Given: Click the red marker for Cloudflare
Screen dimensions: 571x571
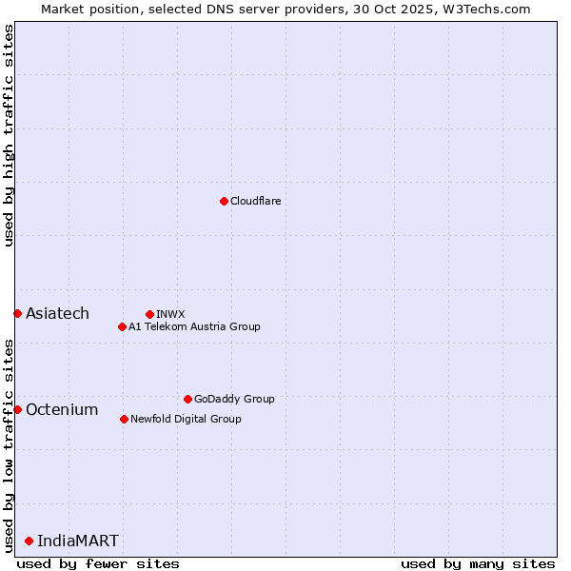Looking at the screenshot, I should click(224, 201).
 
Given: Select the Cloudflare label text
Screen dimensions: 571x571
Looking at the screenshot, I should click(255, 201).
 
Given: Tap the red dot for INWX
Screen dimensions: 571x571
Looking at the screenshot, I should click(149, 314).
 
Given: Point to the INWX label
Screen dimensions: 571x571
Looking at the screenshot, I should click(170, 314).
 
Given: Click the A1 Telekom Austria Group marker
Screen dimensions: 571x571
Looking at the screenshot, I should click(122, 326).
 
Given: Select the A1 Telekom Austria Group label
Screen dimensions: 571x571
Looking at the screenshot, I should click(194, 326).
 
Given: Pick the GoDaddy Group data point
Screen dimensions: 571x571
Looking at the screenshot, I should click(187, 399).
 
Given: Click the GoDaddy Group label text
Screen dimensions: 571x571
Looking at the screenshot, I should click(233, 399).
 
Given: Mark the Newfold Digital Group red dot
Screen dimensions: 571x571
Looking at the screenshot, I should click(124, 419).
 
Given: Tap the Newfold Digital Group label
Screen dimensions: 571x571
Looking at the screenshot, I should click(186, 419).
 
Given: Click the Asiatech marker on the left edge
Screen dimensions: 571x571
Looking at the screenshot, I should click(17, 313).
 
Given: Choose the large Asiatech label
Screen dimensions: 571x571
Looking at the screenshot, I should click(57, 313).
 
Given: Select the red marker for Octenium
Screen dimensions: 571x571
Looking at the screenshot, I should click(17, 409).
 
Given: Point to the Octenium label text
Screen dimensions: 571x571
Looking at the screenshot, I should click(62, 409).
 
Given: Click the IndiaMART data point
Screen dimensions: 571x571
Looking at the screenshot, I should click(29, 541).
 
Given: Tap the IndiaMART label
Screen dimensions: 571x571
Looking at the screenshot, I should click(78, 541).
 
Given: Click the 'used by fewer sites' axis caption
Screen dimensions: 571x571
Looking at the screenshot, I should click(98, 563).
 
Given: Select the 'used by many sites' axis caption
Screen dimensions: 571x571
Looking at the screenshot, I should click(478, 563).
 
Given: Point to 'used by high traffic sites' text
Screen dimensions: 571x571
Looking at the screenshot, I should click(9, 136).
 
